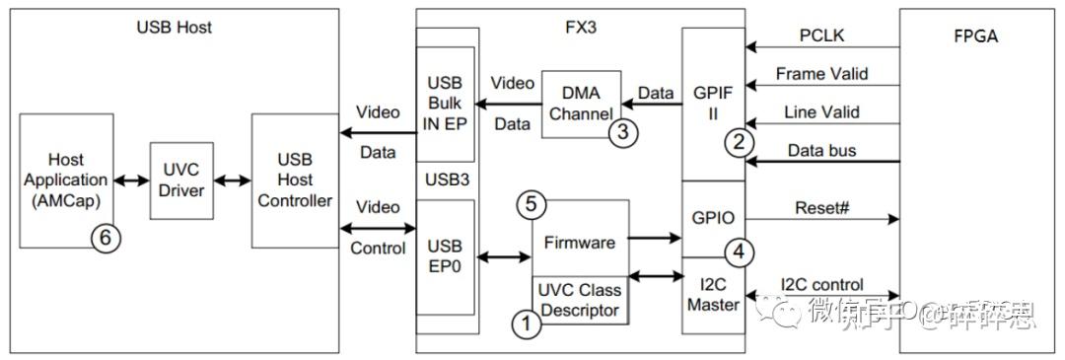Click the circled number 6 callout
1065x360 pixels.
tap(106, 239)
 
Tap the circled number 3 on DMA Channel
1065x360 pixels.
tap(622, 132)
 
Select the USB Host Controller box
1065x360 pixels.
tap(294, 181)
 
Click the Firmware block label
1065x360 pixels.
tap(579, 242)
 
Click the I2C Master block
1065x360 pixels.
tap(712, 294)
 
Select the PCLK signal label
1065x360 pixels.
tap(822, 37)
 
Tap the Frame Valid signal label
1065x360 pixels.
tap(822, 74)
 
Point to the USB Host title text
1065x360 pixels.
tap(174, 27)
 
